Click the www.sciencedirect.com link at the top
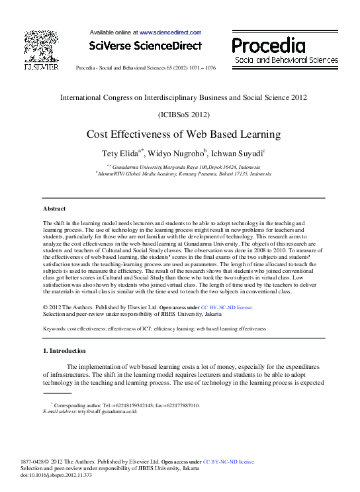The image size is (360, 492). (165, 32)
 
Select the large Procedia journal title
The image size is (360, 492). (269, 46)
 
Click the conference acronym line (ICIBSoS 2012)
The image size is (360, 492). (184, 114)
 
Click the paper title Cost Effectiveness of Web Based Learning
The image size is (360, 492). (184, 134)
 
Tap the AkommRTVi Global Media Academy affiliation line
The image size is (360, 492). (184, 173)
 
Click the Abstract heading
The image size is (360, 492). (54, 209)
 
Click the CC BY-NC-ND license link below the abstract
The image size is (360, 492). (227, 308)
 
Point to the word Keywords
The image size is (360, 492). (56, 328)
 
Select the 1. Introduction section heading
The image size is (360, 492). (64, 350)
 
